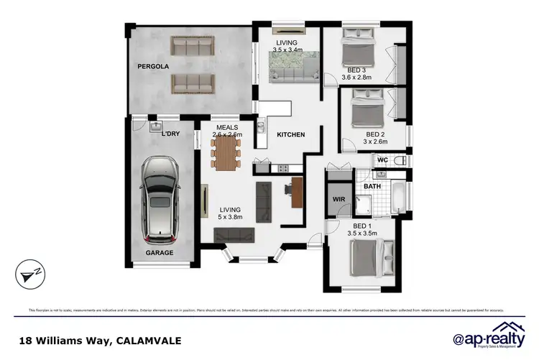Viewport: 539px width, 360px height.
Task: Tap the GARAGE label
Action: [x=160, y=253]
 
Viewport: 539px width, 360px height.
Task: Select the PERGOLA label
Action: [x=152, y=66]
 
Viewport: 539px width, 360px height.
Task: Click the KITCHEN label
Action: [x=291, y=134]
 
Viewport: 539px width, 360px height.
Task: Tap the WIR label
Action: [x=339, y=200]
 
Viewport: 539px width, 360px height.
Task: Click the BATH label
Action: [x=372, y=187]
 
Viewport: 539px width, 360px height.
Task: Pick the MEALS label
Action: [x=227, y=127]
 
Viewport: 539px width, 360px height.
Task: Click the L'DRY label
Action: [x=170, y=134]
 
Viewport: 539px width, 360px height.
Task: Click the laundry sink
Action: [x=155, y=129]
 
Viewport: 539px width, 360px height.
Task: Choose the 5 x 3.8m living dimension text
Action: [x=230, y=216]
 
